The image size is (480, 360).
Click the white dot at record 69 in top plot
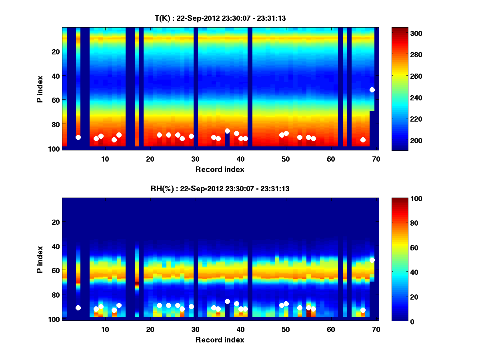click(372, 90)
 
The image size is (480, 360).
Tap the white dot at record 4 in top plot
click(78, 137)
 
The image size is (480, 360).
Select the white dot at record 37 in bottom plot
click(227, 301)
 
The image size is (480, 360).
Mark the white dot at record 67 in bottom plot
click(363, 310)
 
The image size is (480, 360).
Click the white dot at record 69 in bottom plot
click(372, 260)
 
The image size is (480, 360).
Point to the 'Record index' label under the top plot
click(220, 169)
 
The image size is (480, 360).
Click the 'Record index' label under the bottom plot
click(220, 340)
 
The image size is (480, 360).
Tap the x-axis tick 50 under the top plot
click(286, 159)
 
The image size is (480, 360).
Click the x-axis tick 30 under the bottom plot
click(195, 330)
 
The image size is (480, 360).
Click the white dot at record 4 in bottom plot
click(78, 308)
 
